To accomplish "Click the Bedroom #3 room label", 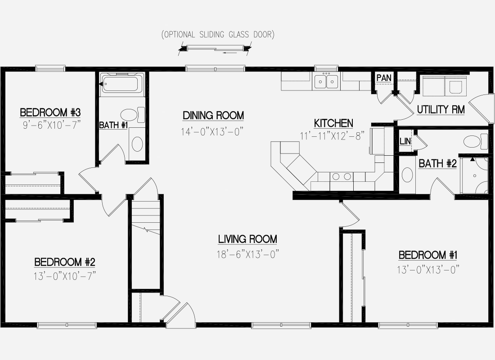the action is point(50,112).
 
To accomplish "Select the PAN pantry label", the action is point(384,78).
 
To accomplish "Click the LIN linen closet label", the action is point(405,141).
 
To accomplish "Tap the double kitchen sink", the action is point(326,82).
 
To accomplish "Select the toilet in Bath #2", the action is point(476,141).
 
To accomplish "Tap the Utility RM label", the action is point(441,110).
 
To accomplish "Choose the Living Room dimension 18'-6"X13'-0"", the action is point(248,254).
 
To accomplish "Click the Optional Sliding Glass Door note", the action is point(218,34).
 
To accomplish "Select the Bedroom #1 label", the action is point(428,255).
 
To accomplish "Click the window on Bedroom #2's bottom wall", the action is point(67,325).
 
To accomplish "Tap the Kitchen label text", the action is point(333,123).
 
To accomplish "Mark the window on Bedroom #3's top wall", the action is point(50,68).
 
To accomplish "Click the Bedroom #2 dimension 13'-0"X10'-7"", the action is point(65,276).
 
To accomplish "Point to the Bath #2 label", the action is point(437,164).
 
